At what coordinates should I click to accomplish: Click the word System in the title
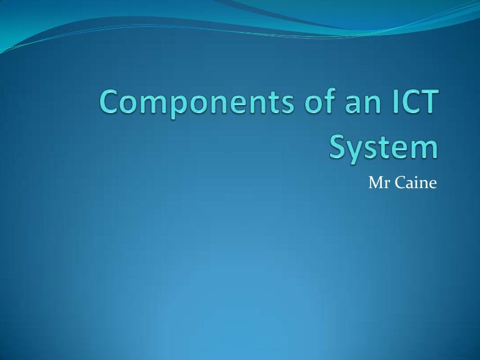click(x=383, y=148)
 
